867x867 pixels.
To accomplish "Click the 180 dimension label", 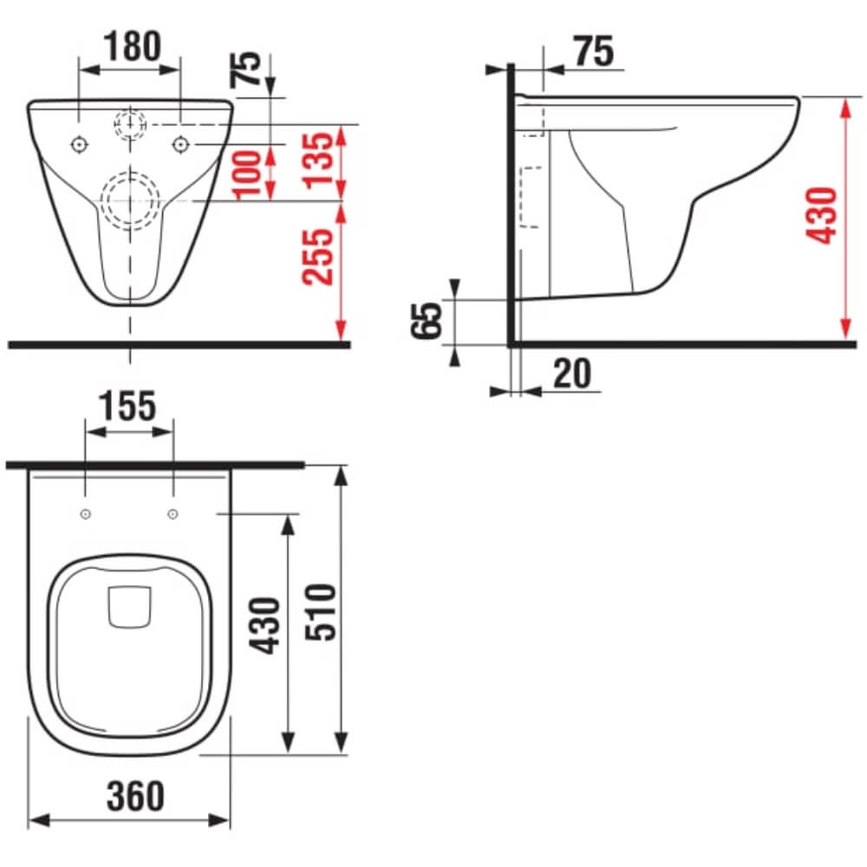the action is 133,46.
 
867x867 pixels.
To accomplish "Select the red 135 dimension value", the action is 318,160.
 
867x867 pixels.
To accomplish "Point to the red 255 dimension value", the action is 318,257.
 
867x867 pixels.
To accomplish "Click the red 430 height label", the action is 822,215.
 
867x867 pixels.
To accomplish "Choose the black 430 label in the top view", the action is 265,625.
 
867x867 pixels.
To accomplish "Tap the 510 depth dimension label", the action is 321,612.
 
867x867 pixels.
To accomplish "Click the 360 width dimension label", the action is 135,796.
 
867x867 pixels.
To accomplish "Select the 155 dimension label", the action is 127,407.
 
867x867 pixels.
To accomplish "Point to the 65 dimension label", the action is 427,320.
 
